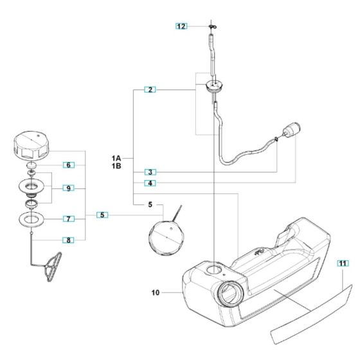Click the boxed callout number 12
pos(181,26)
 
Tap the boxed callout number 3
pos(149,172)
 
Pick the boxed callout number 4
pos(149,183)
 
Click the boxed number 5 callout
pos(103,214)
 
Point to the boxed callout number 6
pos(69,165)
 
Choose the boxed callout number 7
pos(69,219)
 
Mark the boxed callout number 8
pos(69,240)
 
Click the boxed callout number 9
pos(69,188)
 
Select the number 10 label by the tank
pos(156,293)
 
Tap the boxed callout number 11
pos(343,264)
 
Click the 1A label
pos(116,157)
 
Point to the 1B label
pos(116,166)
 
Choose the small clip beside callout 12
pos(212,27)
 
